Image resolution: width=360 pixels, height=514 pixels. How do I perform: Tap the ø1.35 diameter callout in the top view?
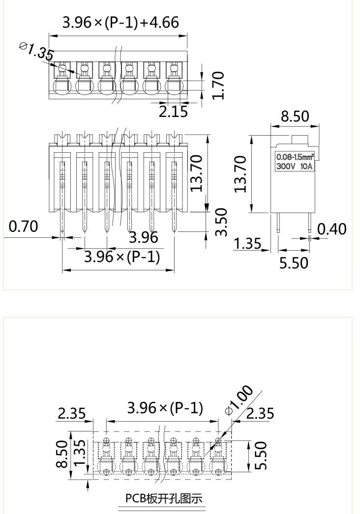pos(36,51)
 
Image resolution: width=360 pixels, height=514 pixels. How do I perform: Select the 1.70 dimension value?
pos(218,85)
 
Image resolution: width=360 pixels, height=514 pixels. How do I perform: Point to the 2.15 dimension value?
pos(173,112)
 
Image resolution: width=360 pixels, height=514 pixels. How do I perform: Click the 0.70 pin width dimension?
pos(23,227)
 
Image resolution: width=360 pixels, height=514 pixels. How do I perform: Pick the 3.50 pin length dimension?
pos(221,222)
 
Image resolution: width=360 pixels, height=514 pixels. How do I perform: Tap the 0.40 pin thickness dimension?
pos(331,229)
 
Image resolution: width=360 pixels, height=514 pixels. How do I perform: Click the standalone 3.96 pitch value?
pos(144,238)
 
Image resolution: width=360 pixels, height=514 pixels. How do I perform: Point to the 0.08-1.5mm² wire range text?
pos(295,157)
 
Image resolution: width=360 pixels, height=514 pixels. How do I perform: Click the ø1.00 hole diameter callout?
pos(239,400)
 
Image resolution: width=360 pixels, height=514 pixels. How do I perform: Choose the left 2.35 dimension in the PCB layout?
pos(72,413)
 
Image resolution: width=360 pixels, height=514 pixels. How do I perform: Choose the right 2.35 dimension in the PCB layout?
pos(260,413)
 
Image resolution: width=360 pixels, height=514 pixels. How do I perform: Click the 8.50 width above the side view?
pos(295,116)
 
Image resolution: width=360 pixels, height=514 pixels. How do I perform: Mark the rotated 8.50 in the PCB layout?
pos(62,455)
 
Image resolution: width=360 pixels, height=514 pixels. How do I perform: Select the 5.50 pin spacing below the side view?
pos(294,263)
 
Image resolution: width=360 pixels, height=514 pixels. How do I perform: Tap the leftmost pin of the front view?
pos(62,222)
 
